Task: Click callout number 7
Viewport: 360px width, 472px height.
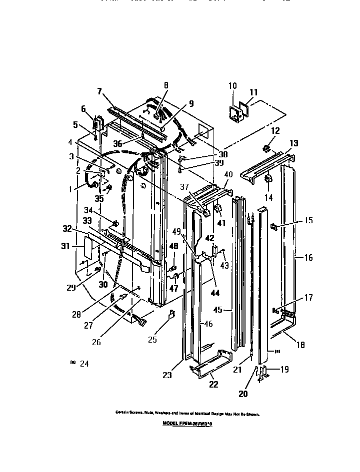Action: tap(99, 91)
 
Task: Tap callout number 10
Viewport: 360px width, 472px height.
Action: tap(232, 85)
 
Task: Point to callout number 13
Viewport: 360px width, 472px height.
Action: tap(294, 143)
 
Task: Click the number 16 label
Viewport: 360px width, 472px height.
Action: tap(308, 258)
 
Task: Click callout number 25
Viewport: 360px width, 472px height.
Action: tap(152, 340)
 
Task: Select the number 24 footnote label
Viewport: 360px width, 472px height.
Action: tap(83, 364)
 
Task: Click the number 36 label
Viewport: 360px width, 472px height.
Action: tap(117, 143)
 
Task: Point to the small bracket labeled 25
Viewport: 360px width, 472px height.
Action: tap(170, 315)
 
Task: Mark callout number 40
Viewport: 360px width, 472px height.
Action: tap(228, 174)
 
